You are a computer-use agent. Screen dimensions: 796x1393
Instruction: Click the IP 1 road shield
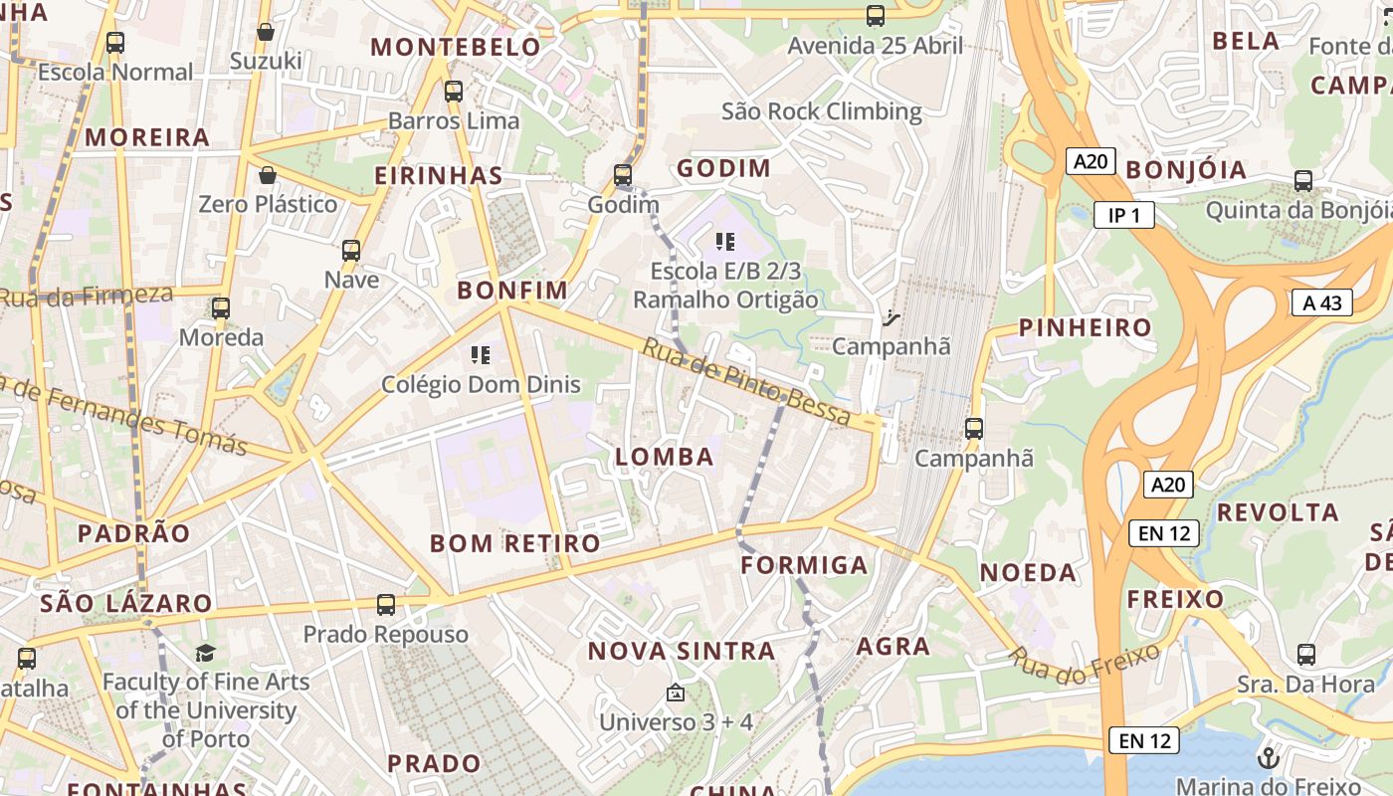[1124, 215]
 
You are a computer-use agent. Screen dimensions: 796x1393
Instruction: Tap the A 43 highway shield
[1322, 302]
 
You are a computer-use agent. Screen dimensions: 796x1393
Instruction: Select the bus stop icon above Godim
[623, 175]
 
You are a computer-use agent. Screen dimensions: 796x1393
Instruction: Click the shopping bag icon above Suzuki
[266, 32]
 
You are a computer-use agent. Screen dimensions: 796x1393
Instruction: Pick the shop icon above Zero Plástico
[267, 176]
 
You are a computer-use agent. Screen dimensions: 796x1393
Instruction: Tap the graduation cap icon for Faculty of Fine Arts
[206, 653]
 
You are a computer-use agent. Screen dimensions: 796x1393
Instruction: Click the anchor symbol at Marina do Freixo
[1268, 757]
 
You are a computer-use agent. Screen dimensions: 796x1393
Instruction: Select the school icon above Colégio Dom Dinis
[481, 354]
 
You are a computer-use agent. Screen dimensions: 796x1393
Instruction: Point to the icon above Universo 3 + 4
[676, 693]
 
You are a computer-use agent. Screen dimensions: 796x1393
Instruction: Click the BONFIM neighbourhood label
[512, 291]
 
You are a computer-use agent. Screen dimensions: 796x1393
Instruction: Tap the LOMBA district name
[665, 457]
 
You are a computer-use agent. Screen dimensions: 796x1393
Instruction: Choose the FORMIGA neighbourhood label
[805, 565]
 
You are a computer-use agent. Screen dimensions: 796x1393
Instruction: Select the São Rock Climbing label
[822, 111]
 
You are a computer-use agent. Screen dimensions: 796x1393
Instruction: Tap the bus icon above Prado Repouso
[386, 604]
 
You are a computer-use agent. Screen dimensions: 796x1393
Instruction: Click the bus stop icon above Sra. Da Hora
[1306, 655]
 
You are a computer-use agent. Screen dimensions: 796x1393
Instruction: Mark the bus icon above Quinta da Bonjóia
[1303, 181]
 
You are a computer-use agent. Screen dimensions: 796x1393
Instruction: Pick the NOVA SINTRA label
[682, 652]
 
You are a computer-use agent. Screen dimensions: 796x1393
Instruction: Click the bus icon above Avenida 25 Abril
[876, 16]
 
